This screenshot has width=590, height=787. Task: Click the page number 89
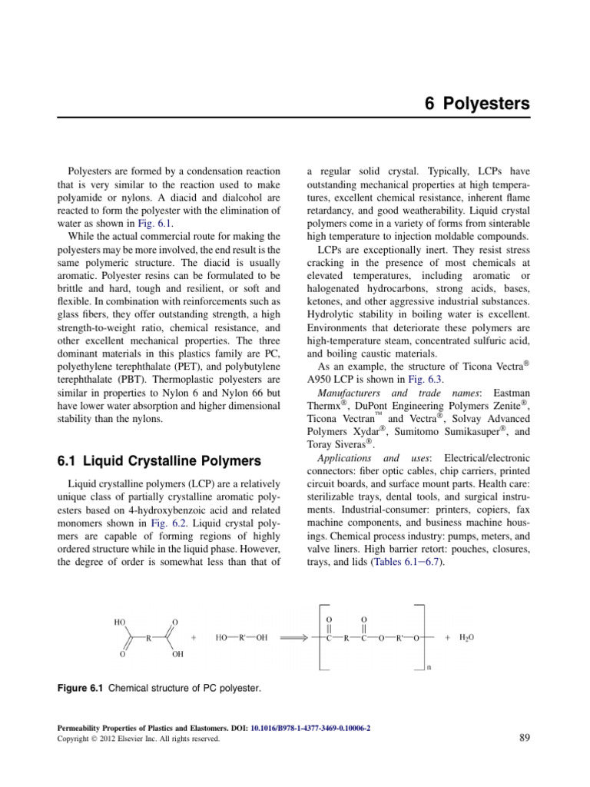[x=523, y=739]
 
